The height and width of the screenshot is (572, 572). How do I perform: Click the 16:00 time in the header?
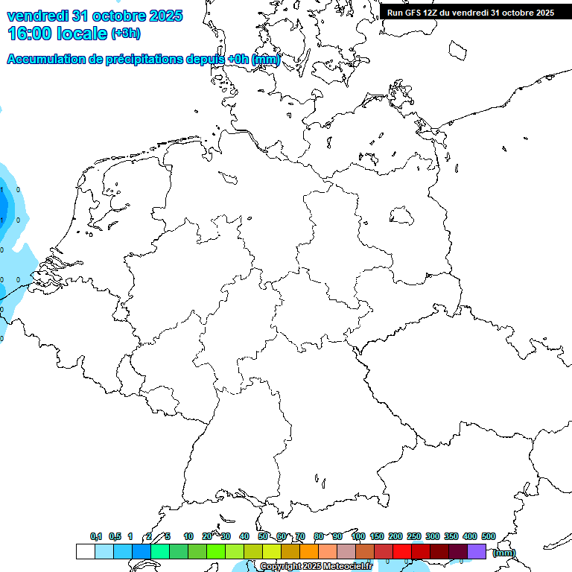pyautogui.click(x=31, y=33)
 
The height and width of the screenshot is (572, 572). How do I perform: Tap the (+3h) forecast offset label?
pyautogui.click(x=126, y=34)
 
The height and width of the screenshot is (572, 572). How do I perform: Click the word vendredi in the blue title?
pyautogui.click(x=38, y=15)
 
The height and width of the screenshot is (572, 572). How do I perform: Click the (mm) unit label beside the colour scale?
pyautogui.click(x=503, y=553)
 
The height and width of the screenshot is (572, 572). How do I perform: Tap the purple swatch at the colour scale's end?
pyautogui.click(x=477, y=552)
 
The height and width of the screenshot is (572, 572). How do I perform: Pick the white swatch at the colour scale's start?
pyautogui.click(x=85, y=552)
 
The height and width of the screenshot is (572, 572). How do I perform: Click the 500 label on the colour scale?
pyautogui.click(x=488, y=536)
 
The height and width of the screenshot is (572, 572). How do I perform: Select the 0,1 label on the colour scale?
pyautogui.click(x=95, y=536)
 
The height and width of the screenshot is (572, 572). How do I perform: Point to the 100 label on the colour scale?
pyautogui.click(x=357, y=536)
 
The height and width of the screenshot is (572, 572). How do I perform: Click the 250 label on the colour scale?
pyautogui.click(x=414, y=536)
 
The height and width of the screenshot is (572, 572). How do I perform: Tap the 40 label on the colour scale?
pyautogui.click(x=244, y=536)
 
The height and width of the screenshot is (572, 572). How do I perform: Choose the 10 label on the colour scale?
pyautogui.click(x=188, y=536)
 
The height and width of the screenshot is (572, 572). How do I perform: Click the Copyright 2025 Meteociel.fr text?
pyautogui.click(x=316, y=567)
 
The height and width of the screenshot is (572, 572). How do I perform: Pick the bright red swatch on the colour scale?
pyautogui.click(x=402, y=552)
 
